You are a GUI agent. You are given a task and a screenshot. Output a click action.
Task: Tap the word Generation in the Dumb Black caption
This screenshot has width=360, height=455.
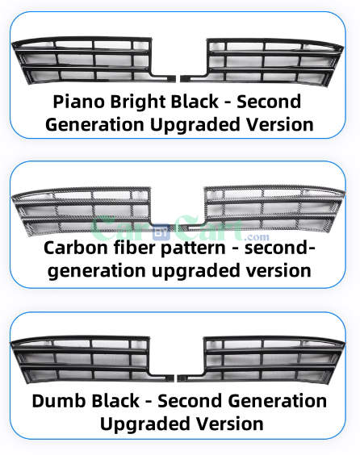[278, 401]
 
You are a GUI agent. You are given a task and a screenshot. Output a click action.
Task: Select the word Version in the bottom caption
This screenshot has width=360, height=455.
[230, 424]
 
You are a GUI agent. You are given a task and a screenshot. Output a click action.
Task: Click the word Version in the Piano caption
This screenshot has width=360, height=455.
[280, 125]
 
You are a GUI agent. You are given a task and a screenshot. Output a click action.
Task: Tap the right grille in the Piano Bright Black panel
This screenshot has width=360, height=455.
[262, 61]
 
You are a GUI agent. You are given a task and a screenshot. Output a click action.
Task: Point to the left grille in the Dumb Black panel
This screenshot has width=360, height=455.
[92, 359]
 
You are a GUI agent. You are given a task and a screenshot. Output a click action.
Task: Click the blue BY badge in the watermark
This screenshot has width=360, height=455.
[161, 232]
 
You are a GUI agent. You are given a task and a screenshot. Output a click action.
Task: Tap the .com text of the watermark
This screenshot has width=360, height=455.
[257, 237]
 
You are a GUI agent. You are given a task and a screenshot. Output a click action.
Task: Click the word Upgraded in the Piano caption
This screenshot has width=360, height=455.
[195, 125]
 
